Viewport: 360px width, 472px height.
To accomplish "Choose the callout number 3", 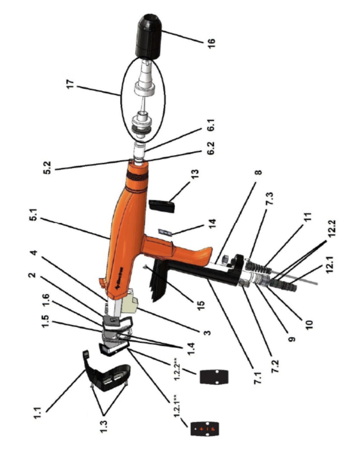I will pyautogui.click(x=207, y=332).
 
